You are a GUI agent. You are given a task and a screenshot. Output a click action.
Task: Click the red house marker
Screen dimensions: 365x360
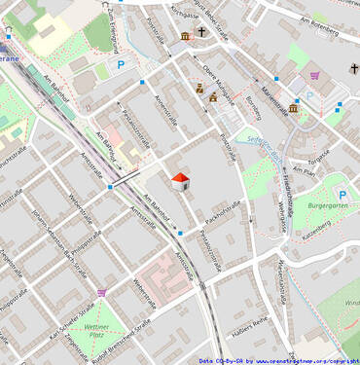pyautogui.click(x=180, y=181)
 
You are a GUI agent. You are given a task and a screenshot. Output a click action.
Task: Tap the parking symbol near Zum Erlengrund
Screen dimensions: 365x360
pyautogui.click(x=122, y=64)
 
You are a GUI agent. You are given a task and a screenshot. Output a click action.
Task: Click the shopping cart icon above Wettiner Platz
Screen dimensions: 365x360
pyautogui.click(x=101, y=291)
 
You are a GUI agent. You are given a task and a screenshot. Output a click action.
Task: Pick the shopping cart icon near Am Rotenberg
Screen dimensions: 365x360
pyautogui.click(x=314, y=75)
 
